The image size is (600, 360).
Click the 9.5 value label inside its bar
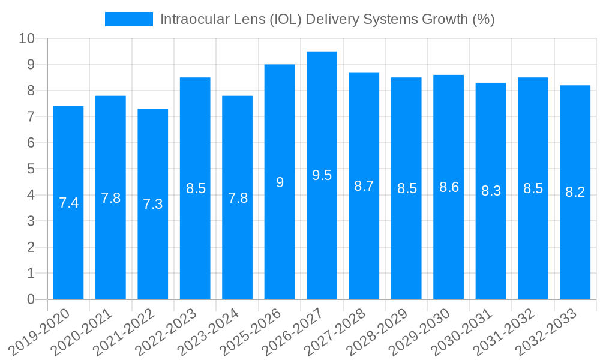[322, 175]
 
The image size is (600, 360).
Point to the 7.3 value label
[152, 204]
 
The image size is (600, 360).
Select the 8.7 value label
[364, 186]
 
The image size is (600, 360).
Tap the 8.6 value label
[448, 187]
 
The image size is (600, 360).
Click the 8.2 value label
[575, 192]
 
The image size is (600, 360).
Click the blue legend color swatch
[128, 19]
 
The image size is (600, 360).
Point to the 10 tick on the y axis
[27, 39]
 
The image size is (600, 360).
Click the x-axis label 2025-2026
[248, 331]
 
